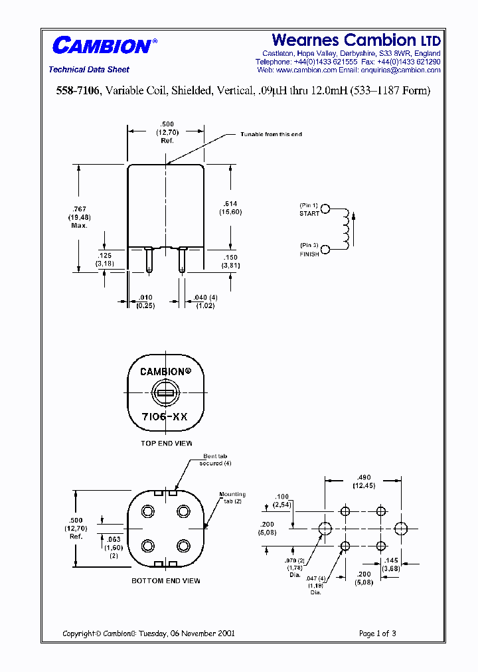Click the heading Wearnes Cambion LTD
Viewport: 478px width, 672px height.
click(356, 41)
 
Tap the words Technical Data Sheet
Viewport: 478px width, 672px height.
click(89, 70)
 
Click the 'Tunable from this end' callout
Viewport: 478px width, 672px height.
click(271, 135)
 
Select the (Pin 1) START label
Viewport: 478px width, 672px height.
click(309, 210)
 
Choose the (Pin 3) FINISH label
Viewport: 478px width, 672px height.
click(309, 250)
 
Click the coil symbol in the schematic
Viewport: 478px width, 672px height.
click(345, 230)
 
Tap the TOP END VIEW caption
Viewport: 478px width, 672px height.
click(166, 443)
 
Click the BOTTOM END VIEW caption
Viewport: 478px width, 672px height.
click(166, 581)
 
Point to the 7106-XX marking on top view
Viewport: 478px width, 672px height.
click(165, 416)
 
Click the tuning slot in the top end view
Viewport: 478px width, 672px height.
click(165, 394)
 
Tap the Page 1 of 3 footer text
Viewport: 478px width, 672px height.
click(377, 633)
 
